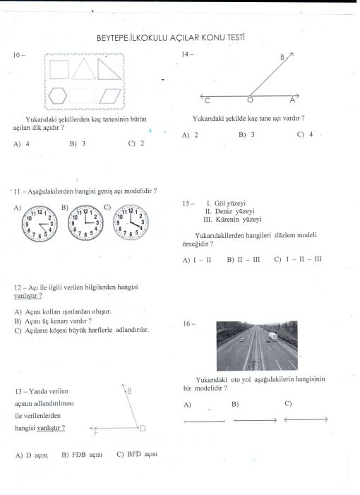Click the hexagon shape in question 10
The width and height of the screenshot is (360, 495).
tap(58, 95)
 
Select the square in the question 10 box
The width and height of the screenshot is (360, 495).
tap(59, 69)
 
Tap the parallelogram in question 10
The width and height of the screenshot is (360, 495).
tap(110, 96)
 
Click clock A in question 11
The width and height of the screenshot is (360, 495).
tap(40, 224)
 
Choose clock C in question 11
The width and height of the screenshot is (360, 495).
tap(131, 222)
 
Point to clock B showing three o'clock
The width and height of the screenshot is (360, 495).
tap(85, 223)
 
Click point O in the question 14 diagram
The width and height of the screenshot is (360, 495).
tap(250, 100)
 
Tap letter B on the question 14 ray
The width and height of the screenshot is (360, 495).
tap(282, 57)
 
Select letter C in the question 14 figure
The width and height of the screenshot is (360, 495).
tap(208, 101)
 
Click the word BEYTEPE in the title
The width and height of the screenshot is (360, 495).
tap(113, 38)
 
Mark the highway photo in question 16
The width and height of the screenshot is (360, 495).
tap(257, 346)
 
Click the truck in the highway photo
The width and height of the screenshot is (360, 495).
tap(273, 337)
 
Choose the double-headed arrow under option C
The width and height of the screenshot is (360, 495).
tap(306, 419)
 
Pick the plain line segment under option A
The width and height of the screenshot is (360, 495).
tap(205, 421)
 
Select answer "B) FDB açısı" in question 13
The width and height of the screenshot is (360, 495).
tap(82, 455)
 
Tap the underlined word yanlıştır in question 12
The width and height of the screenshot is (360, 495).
tap(28, 296)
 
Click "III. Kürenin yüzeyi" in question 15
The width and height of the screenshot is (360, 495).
tap(232, 220)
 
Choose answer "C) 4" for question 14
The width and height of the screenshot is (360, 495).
tap(305, 134)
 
